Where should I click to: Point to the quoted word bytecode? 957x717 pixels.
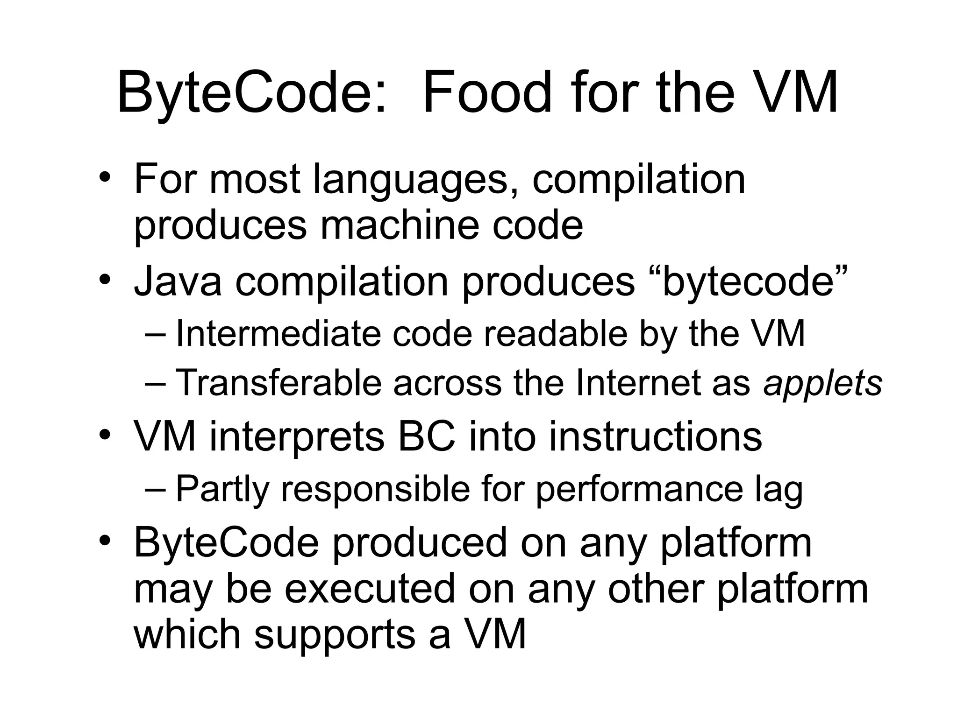tap(748, 282)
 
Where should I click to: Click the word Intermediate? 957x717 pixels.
tap(278, 334)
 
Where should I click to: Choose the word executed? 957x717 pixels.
tap(370, 589)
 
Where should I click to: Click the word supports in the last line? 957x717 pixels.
tap(335, 636)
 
